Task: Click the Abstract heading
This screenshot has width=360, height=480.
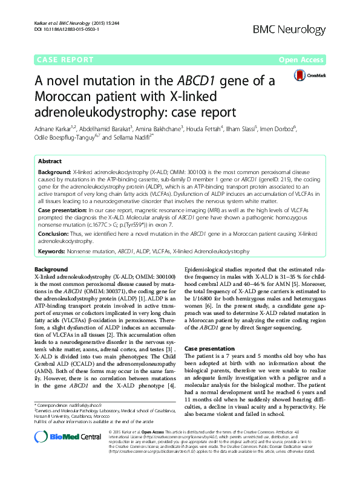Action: [x=50, y=162]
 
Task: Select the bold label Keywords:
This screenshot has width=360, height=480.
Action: [x=53, y=250]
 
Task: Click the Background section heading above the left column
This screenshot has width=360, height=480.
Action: [x=51, y=268]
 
